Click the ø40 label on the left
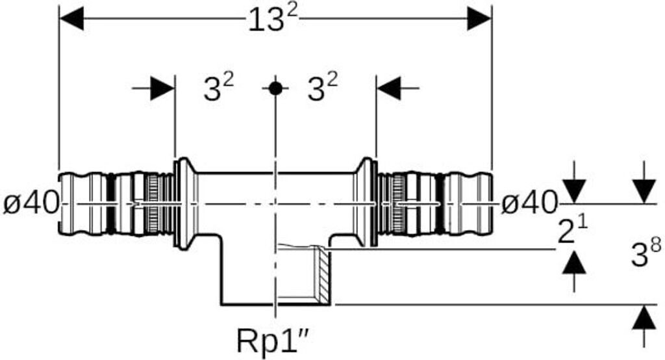[x=31, y=205]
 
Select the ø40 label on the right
[x=529, y=205]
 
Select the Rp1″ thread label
[x=281, y=339]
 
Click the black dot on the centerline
[x=276, y=88]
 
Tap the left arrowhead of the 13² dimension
[x=71, y=19]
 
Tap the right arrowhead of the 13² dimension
[x=479, y=19]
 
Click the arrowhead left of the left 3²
[x=162, y=88]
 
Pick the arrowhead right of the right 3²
[x=389, y=88]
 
